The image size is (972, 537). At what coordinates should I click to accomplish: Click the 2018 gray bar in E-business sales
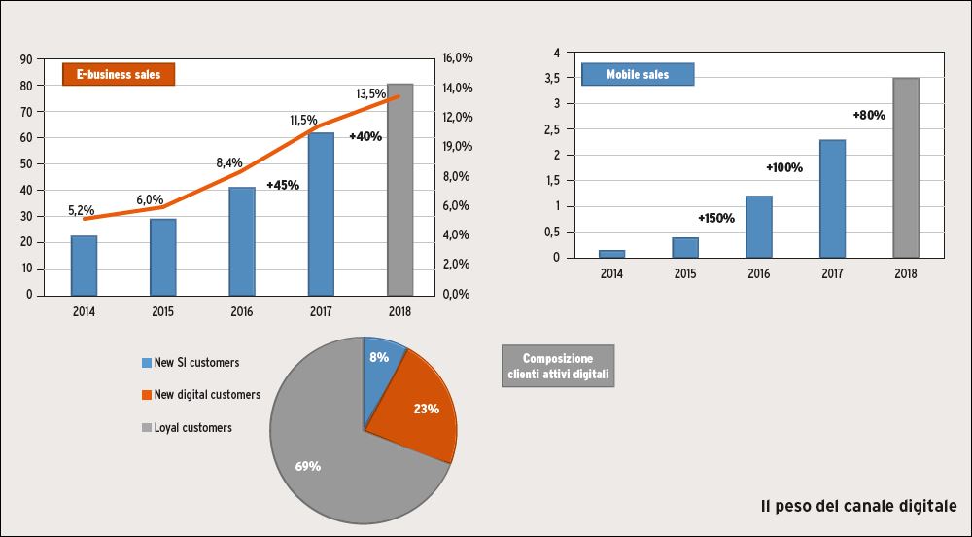(399, 189)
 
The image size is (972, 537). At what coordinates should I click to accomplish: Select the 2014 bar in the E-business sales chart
(84, 265)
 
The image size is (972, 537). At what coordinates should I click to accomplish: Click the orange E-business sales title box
(119, 74)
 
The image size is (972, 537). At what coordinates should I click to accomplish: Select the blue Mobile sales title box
(638, 74)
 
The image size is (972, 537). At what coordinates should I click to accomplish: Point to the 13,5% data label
(370, 94)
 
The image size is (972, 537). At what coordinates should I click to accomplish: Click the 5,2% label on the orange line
(81, 209)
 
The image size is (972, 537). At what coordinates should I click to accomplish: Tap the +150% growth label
(716, 218)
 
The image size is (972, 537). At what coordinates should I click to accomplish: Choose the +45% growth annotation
(282, 185)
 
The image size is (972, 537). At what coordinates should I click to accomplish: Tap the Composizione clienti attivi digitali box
(558, 366)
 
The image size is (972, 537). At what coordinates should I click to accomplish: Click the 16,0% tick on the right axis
(457, 58)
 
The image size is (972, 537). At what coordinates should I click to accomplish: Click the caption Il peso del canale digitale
(859, 506)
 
